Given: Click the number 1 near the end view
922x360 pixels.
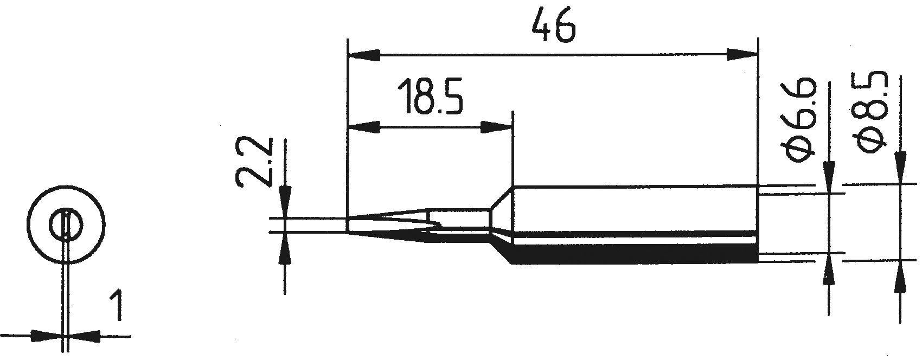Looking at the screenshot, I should [116, 307].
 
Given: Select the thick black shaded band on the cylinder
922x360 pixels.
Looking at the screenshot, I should [635, 255].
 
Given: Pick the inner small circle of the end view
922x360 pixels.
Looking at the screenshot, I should [65, 224].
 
